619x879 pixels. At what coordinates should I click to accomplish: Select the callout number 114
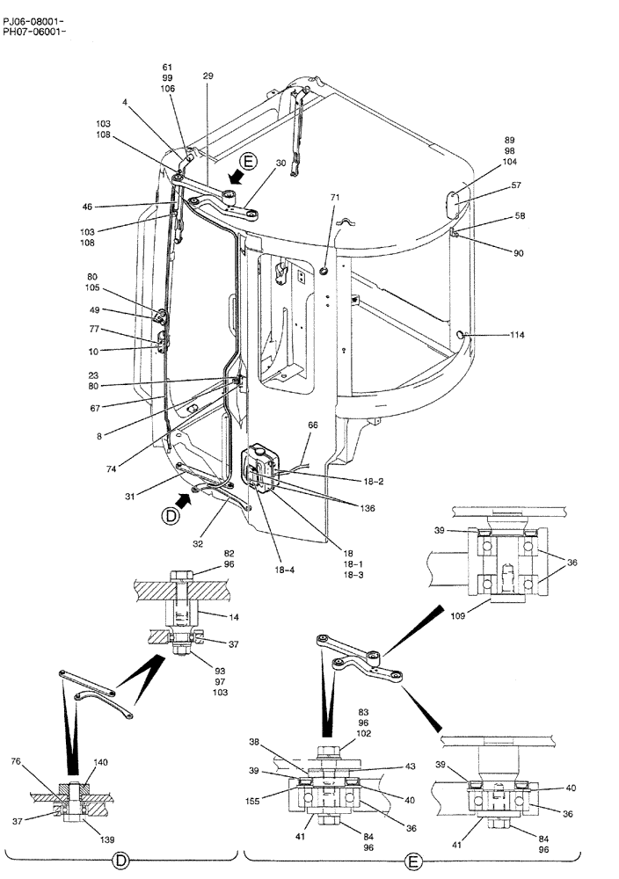point(519,335)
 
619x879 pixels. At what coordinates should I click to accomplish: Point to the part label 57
point(516,186)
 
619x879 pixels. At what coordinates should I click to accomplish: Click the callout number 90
point(519,253)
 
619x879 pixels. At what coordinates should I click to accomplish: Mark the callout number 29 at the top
point(208,76)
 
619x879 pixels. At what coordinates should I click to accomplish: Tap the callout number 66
point(312,425)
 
